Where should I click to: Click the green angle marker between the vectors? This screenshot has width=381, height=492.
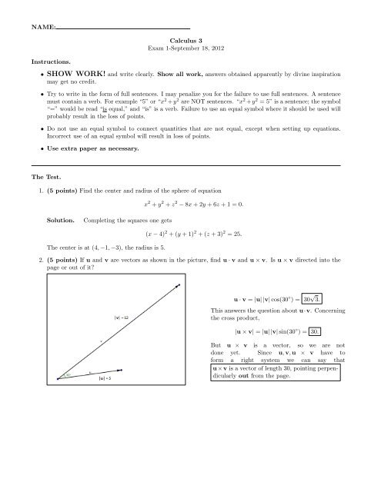[x=69, y=376]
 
